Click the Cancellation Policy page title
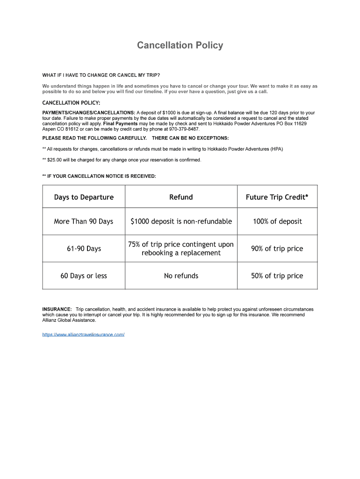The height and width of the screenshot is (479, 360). [180, 45]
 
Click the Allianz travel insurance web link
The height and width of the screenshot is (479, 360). [83, 334]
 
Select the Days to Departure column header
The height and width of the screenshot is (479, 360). [84, 197]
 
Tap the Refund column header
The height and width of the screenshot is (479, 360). [181, 197]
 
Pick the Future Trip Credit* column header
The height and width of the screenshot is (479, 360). [277, 197]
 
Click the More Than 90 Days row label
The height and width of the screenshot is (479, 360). [84, 221]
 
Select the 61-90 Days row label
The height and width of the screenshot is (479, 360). [84, 248]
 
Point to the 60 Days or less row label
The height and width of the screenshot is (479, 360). [84, 276]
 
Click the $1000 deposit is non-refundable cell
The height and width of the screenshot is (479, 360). [181, 221]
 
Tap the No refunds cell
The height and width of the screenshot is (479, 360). [181, 276]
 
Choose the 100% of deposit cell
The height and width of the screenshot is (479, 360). [277, 221]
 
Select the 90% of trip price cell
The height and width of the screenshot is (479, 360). [277, 248]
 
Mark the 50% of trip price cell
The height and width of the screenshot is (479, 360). [277, 276]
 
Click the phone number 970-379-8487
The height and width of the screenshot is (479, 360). [184, 129]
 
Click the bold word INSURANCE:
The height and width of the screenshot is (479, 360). [57, 309]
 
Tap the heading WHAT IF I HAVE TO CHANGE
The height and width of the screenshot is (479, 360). [101, 75]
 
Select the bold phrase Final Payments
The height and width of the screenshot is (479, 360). [120, 123]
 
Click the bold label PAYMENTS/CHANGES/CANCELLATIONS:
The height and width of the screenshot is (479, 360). [88, 113]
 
